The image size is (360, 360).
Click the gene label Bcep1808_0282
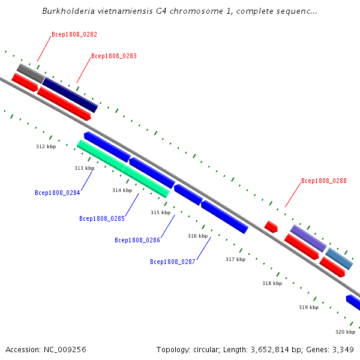coord(74,35)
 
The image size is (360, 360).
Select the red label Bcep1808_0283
coord(114,56)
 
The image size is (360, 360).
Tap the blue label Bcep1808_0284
coord(58,193)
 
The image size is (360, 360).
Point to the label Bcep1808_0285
coord(102,219)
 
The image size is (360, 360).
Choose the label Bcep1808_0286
coord(137,241)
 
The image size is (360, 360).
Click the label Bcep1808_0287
coord(173,262)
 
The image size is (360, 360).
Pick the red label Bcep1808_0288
coord(324,181)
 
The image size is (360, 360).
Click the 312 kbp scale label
coord(46,146)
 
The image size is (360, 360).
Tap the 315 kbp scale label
coord(160,212)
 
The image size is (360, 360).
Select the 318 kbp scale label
coord(272,283)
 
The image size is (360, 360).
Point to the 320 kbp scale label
coord(345,332)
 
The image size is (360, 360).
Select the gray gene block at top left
coord(31,73)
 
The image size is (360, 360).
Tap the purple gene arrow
coord(308,238)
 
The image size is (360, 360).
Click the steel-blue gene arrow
coord(340,259)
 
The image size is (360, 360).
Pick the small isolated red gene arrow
coord(271,227)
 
